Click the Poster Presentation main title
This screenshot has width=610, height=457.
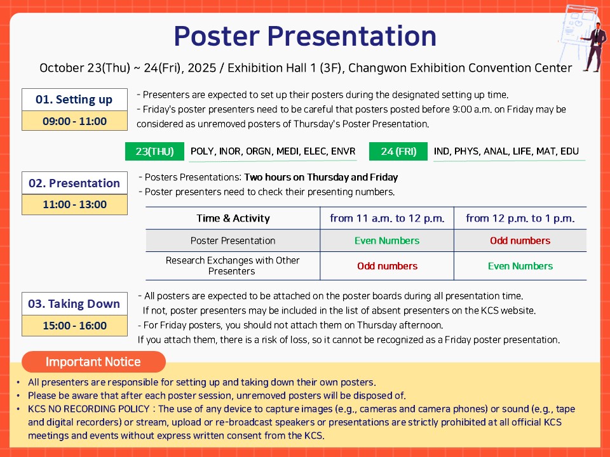click(x=304, y=36)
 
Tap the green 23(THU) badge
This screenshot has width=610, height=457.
click(x=154, y=151)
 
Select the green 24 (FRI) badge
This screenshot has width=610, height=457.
click(x=398, y=151)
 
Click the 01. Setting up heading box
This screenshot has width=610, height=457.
click(x=74, y=100)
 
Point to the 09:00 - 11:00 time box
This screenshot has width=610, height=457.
click(x=74, y=121)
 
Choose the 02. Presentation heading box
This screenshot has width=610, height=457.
click(x=74, y=183)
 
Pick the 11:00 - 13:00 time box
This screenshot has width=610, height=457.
click(x=74, y=204)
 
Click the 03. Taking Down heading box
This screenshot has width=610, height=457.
click(x=74, y=303)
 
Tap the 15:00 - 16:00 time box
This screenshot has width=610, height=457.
click(x=74, y=326)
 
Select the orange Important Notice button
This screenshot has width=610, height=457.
click(x=93, y=362)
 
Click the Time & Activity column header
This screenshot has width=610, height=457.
click(x=233, y=218)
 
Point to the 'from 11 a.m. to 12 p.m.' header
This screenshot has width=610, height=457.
click(x=387, y=218)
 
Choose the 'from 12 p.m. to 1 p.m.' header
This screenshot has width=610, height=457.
click(x=520, y=218)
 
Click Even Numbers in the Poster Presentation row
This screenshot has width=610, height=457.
click(x=387, y=241)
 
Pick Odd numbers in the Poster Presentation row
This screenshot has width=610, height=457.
click(x=520, y=241)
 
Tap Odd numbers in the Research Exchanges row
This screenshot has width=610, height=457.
click(x=387, y=266)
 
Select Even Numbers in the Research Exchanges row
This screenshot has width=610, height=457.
click(x=520, y=266)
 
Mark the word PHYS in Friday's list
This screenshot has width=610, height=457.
click(x=466, y=151)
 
